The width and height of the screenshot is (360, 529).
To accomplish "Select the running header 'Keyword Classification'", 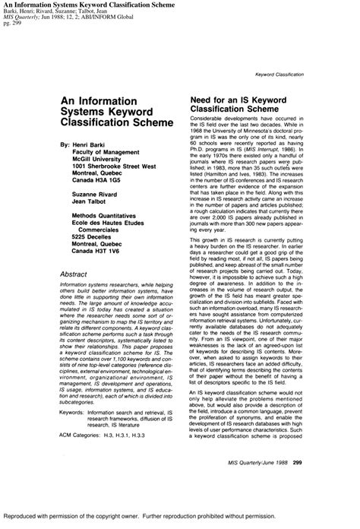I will (x=279, y=74).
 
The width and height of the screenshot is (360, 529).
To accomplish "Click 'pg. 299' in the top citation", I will (x=12, y=22).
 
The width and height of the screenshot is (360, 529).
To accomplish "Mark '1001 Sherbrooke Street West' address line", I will (x=114, y=165).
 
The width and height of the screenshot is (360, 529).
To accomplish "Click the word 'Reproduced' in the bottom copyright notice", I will (x=26, y=515).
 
